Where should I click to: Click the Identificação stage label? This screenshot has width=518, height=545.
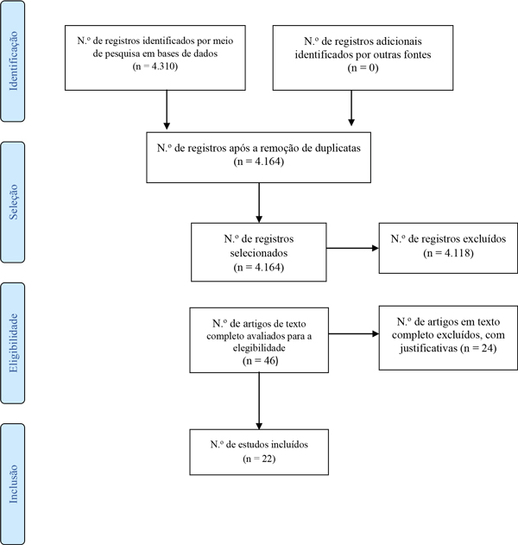[13, 61]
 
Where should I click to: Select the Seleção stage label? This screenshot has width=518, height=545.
[13, 202]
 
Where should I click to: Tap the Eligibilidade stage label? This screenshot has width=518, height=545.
[13, 343]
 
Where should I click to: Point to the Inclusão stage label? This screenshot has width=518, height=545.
[13, 484]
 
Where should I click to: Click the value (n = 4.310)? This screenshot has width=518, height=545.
[155, 66]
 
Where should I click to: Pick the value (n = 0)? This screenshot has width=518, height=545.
[363, 67]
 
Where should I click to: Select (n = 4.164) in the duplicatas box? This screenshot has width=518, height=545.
[258, 162]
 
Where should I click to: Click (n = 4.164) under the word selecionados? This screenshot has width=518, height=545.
[258, 267]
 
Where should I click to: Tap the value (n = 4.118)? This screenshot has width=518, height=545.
[448, 253]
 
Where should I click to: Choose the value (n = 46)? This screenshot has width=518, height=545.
[260, 360]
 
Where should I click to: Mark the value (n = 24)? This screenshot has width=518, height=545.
[478, 348]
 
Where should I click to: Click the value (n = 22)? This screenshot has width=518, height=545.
[259, 459]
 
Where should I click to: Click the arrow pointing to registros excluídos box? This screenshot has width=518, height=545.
[352, 248]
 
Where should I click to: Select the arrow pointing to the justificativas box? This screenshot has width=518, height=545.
[354, 334]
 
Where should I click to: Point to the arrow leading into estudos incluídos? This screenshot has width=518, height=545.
[259, 401]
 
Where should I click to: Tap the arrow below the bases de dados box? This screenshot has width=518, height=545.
[167, 110]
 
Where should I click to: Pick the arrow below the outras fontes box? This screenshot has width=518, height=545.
[351, 108]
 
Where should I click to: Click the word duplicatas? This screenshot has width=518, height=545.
[338, 148]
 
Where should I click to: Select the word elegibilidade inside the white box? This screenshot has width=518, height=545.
[259, 348]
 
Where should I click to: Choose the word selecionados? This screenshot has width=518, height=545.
[259, 253]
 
